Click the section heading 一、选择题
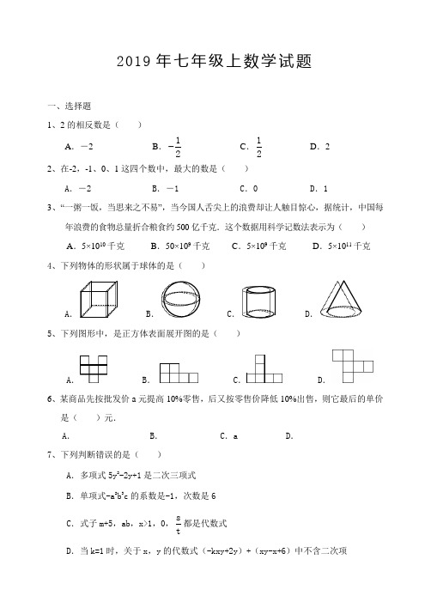coord(70,106)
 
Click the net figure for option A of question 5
coord(94,366)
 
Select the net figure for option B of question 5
coord(179,371)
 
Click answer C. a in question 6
coord(230,436)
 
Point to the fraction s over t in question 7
coord(177,523)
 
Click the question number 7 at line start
coord(50,453)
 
